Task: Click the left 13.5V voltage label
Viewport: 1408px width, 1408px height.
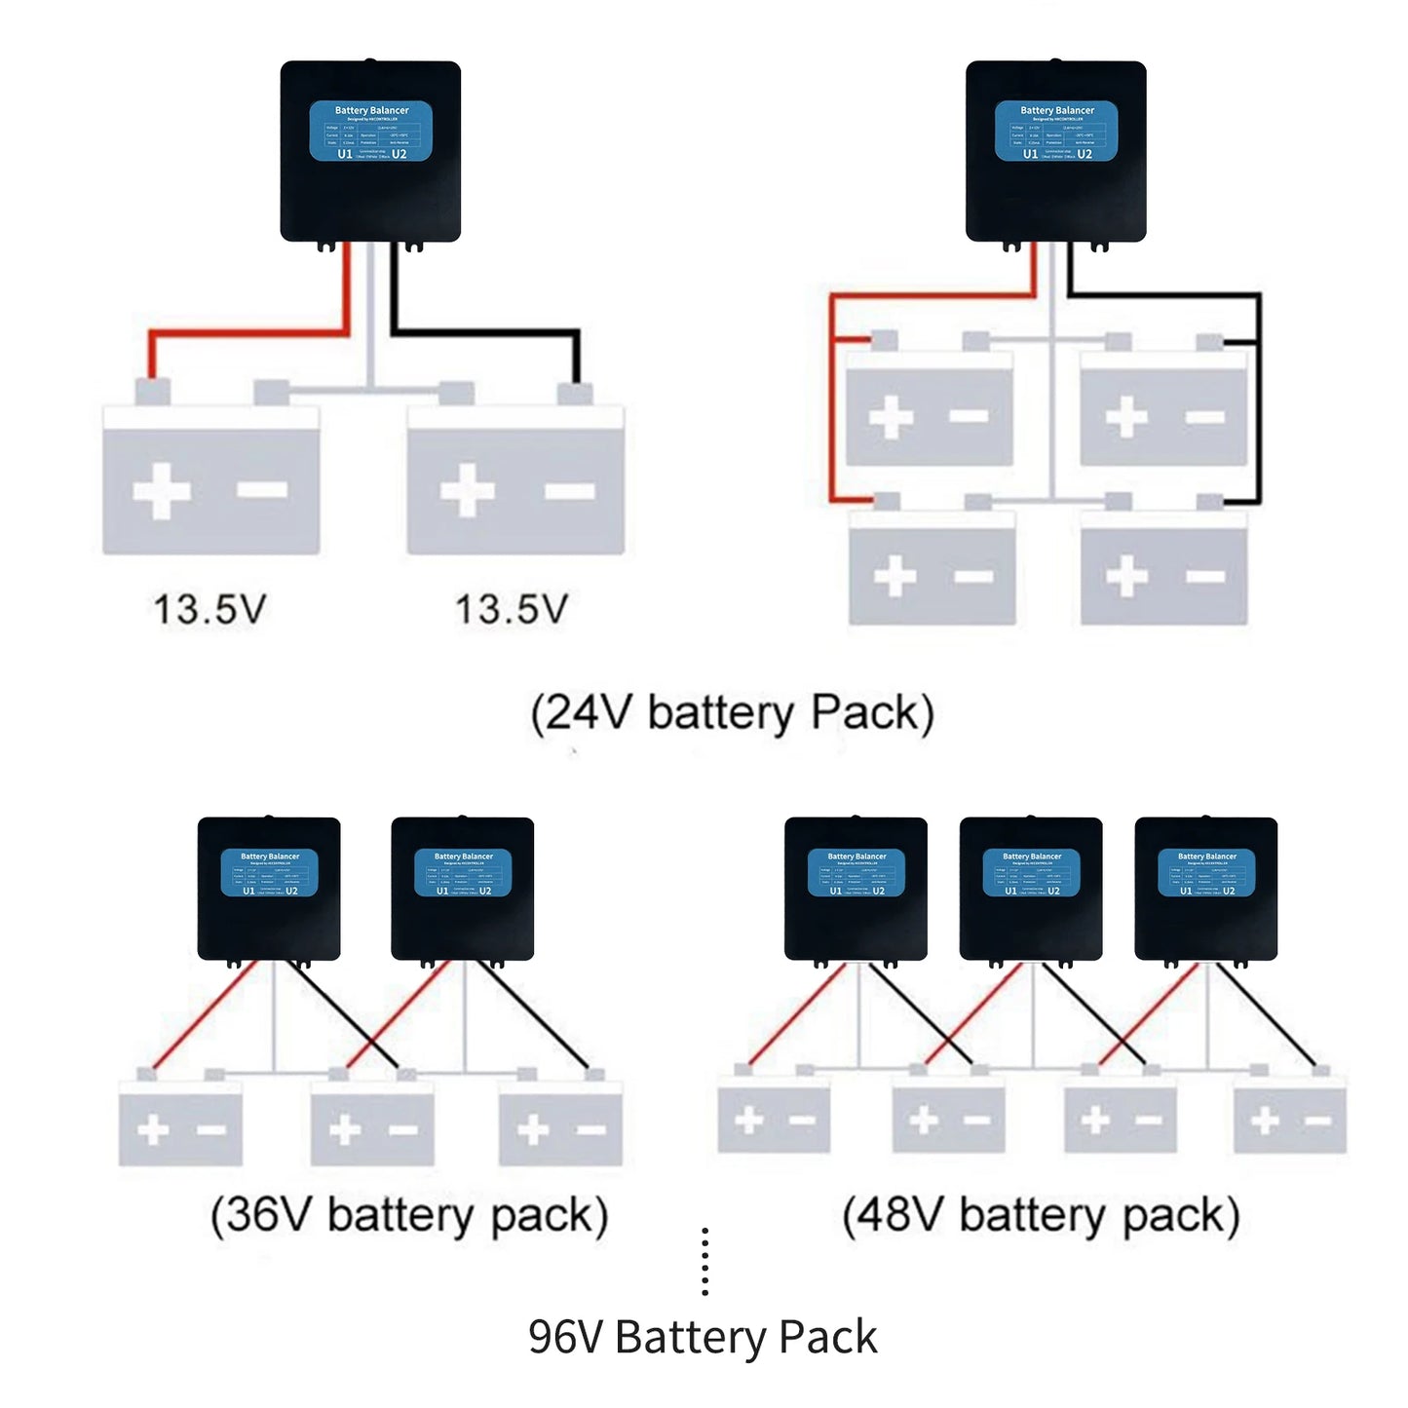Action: tap(209, 610)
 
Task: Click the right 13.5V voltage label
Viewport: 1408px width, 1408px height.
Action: tap(512, 610)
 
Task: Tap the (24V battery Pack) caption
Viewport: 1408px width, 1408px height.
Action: tap(732, 713)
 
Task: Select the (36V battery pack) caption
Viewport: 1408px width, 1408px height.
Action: tap(409, 1216)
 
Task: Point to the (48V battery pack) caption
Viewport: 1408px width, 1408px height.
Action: tap(1041, 1216)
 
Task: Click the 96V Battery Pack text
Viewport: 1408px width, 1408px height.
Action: tap(703, 1337)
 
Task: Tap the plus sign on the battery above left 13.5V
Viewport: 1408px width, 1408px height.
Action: tap(162, 490)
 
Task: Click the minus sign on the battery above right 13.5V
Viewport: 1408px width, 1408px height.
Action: tap(570, 490)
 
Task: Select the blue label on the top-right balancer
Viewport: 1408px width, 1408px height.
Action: tap(1055, 131)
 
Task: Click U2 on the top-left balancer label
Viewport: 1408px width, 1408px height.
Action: tap(400, 154)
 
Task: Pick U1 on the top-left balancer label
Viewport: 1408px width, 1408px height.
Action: tap(345, 154)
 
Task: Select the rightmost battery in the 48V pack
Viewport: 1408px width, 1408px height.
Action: tap(1290, 1117)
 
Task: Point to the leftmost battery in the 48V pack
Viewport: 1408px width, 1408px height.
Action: tap(774, 1117)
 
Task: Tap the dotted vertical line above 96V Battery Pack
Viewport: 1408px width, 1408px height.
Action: tap(704, 1263)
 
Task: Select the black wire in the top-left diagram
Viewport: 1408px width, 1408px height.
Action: tap(487, 333)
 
